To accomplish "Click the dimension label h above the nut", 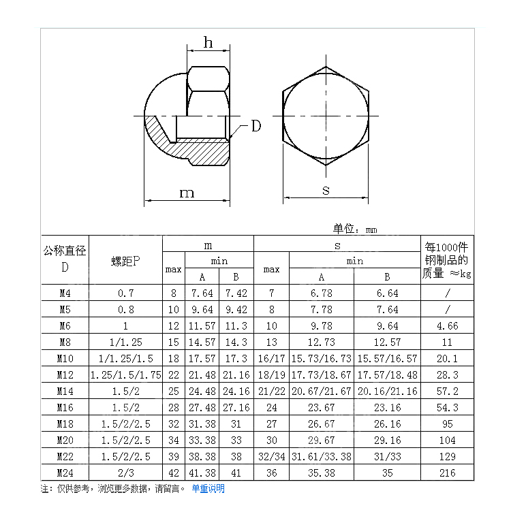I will click(208, 43).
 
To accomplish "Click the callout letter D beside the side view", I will click(255, 126).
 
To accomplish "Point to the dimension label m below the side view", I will click(186, 193).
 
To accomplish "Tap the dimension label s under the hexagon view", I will click(326, 191).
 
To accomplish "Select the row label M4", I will click(65, 293).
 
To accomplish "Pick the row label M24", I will click(65, 473).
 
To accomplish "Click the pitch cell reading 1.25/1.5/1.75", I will click(125, 374).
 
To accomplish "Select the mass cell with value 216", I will click(447, 473).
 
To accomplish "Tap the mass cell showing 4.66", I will click(447, 325).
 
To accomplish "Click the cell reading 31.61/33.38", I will click(321, 456).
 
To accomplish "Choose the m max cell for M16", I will click(173, 407).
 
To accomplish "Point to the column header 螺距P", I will click(125, 261).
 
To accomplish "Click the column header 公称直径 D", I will click(65, 259).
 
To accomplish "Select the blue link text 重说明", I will click(212, 489).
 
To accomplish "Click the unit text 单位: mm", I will click(354, 229).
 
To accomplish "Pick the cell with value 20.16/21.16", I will click(387, 391).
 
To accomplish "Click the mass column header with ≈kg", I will click(447, 259).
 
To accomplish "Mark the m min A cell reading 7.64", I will click(202, 293).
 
